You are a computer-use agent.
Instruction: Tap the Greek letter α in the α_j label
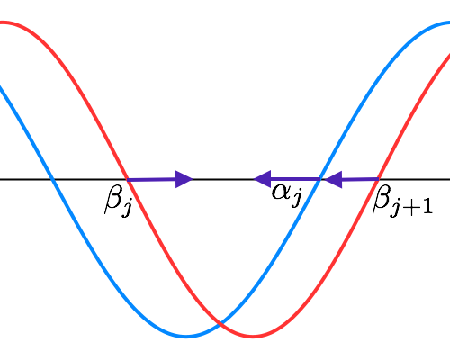tap(282, 192)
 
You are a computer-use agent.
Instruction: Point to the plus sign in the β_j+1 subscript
tap(412, 207)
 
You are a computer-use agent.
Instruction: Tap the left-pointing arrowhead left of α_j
tap(263, 179)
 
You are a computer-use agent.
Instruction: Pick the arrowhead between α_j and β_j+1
tap(334, 180)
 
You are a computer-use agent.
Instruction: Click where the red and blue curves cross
tap(220, 323)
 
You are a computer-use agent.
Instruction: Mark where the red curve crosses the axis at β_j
tap(128, 180)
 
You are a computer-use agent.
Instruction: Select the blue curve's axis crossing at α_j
tap(320, 179)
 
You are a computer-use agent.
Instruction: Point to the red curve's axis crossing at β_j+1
tap(378, 179)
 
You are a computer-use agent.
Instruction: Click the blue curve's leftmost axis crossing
tap(53, 179)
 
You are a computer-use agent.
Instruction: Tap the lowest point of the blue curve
tap(186, 337)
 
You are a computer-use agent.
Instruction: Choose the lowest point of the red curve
tap(253, 337)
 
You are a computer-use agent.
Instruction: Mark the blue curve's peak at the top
tap(447, 22)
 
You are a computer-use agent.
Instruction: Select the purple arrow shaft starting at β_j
tap(151, 180)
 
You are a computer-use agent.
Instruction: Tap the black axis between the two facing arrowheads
tap(223, 179)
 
